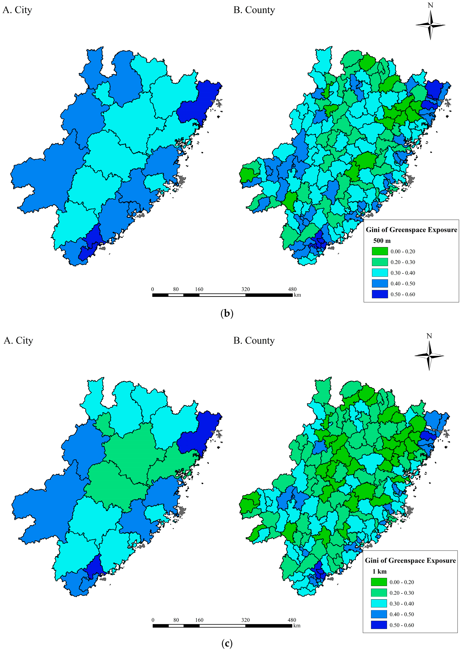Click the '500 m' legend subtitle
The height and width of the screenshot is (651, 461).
(382, 241)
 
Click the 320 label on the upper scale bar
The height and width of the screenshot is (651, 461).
(246, 289)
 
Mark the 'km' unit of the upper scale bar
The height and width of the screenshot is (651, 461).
(297, 295)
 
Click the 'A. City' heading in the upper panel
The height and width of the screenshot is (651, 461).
(17, 10)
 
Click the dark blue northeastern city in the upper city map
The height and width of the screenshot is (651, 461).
(199, 102)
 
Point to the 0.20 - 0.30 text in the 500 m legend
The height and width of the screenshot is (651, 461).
(403, 262)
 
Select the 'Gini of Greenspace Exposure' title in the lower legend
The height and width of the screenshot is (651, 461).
(410, 560)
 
